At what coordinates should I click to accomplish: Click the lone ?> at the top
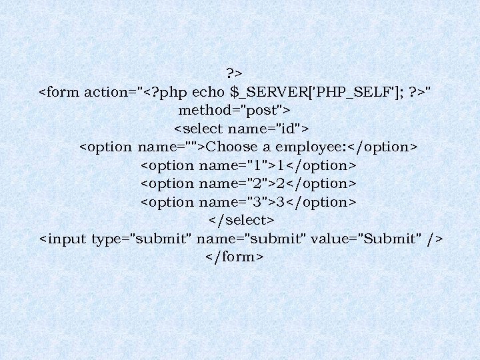click(234, 73)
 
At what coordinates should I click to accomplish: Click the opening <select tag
click(198, 128)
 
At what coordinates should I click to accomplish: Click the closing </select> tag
click(241, 220)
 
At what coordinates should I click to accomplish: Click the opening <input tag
click(63, 239)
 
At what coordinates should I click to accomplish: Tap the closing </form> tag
click(235, 257)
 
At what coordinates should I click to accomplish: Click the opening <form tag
click(59, 91)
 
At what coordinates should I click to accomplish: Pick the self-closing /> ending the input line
click(436, 239)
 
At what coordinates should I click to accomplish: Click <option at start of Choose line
click(107, 147)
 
